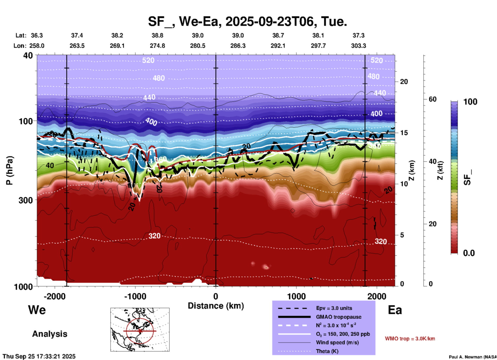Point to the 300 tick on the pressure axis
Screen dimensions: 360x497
tap(26, 200)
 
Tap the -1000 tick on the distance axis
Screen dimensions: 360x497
tap(135, 296)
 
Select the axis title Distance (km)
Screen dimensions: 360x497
tap(216, 306)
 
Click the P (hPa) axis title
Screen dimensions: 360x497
tap(10, 170)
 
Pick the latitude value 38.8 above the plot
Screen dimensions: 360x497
tap(157, 35)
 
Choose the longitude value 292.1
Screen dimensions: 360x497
tap(278, 46)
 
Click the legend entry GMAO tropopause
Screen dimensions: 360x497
tap(339, 317)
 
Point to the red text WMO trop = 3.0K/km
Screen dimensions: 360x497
tap(410, 339)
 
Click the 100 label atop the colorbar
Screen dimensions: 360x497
tap(470, 102)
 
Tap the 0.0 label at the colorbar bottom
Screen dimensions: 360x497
tap(469, 253)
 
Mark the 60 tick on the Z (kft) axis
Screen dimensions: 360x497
tap(432, 99)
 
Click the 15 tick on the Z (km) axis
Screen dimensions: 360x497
tap(404, 133)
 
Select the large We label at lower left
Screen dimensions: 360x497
tap(37, 310)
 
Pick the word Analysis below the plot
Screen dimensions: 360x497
tap(50, 334)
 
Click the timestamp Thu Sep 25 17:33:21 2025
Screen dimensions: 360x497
tap(39, 356)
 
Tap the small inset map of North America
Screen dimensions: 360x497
tap(140, 330)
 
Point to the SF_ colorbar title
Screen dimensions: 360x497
tap(467, 178)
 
